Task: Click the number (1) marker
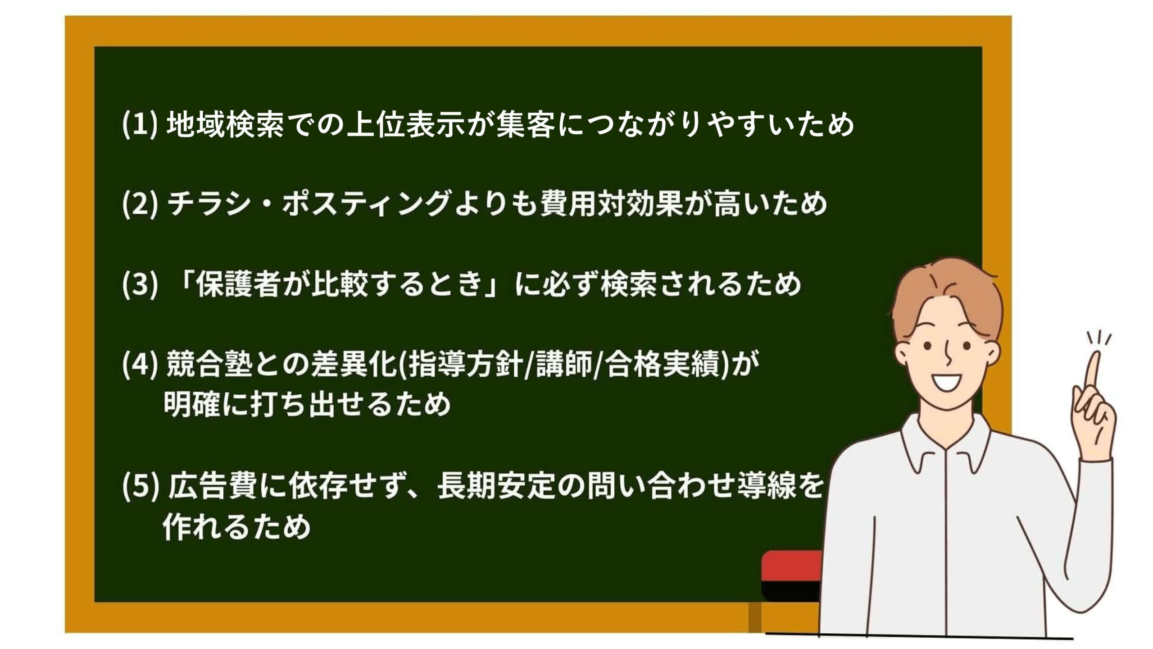click(139, 124)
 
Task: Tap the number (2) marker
click(139, 204)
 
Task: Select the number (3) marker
click(139, 284)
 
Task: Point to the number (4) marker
click(139, 364)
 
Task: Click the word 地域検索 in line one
click(225, 124)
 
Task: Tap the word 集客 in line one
click(525, 124)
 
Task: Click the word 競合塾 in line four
click(209, 364)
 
